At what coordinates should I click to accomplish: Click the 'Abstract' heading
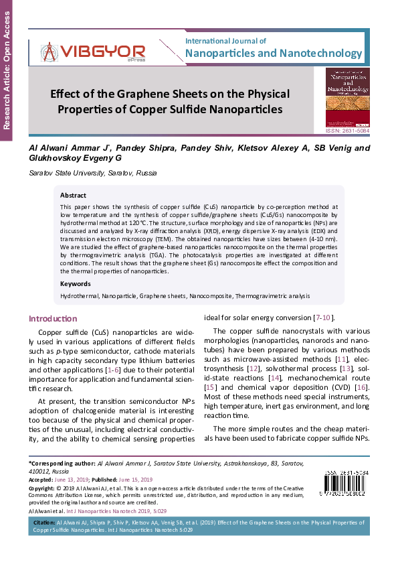coord(73,196)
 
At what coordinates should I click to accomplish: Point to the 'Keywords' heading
coord(75,284)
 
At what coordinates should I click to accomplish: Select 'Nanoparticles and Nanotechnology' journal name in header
coord(273,53)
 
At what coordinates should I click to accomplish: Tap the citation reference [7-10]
coord(324,317)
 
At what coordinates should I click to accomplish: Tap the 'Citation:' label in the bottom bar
coord(43,520)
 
